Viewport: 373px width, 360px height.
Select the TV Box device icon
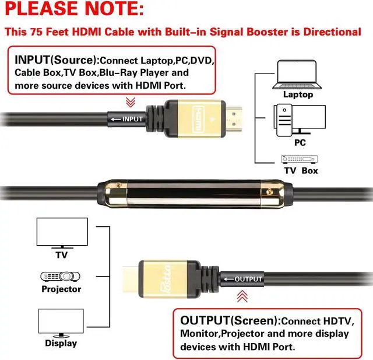[300, 159]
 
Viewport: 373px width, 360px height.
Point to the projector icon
[61, 276]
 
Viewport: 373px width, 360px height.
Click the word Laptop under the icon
[298, 95]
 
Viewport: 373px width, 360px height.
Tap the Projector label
[61, 289]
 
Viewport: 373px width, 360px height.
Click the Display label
[61, 343]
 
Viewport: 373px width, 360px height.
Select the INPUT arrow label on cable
[126, 119]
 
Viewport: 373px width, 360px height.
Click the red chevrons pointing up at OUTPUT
[242, 296]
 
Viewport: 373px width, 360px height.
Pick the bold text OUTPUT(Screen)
[229, 320]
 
